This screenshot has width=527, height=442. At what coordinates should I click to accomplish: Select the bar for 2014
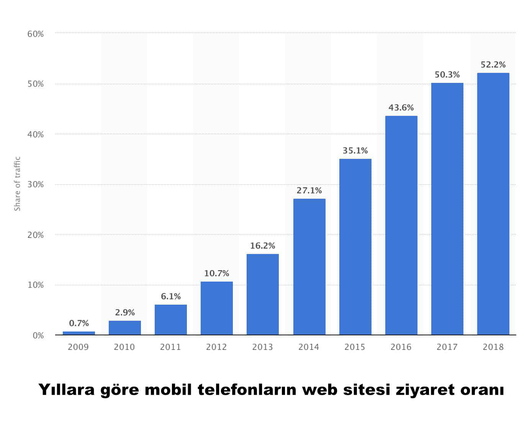[x=309, y=267]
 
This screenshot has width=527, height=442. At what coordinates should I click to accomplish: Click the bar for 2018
[x=493, y=204]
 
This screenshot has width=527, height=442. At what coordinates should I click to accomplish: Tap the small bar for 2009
[x=79, y=333]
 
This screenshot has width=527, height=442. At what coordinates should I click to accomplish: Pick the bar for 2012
[x=216, y=308]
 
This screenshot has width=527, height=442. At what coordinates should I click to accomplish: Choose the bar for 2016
[x=401, y=225]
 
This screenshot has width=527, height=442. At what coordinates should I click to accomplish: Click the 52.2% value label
[x=493, y=65]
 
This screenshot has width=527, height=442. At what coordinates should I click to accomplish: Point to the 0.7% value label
[x=79, y=323]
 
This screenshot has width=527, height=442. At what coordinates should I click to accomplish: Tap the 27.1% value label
[x=309, y=191]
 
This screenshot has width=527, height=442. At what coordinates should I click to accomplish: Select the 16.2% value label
[x=263, y=246]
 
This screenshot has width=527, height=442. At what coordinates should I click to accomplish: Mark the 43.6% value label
[x=401, y=108]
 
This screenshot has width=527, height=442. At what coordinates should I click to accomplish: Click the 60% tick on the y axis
[x=36, y=34]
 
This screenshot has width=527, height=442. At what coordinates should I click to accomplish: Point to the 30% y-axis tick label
[x=36, y=185]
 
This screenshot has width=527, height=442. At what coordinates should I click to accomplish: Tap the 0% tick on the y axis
[x=38, y=336]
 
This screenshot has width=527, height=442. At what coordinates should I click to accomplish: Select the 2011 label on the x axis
[x=170, y=347]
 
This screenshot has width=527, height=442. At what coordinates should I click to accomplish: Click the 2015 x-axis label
[x=355, y=347]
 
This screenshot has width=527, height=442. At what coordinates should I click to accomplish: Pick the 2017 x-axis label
[x=447, y=347]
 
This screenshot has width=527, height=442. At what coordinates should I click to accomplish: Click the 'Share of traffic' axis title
[x=17, y=184]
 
